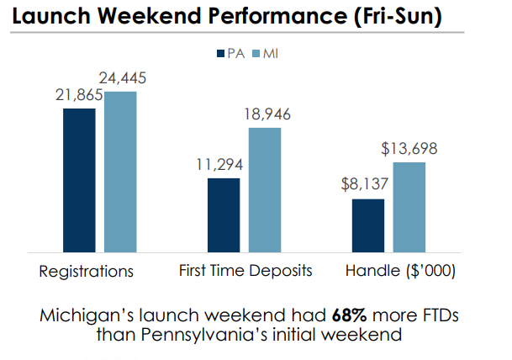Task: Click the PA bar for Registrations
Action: (79, 179)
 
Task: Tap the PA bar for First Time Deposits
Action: (224, 214)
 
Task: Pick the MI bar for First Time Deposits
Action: (265, 189)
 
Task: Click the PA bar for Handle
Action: (368, 225)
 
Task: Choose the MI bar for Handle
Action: (409, 207)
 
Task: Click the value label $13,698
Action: (409, 150)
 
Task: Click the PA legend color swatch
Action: (217, 53)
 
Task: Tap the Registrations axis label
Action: (87, 272)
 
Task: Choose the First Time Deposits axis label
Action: (245, 271)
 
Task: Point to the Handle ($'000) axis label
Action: (400, 271)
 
